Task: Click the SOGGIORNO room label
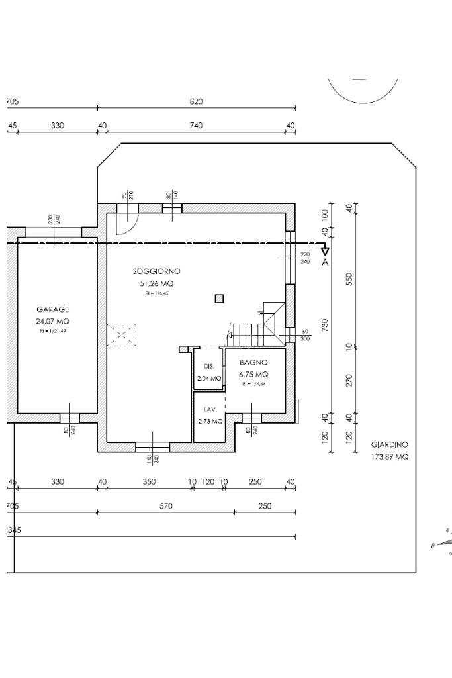coord(156,271)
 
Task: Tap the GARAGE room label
coord(52,309)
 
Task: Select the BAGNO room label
coord(253,363)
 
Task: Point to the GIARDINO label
coord(389,445)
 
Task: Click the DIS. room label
coord(209,366)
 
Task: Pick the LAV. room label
coord(210,409)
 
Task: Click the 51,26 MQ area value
coord(156,283)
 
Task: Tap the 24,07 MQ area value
coord(52,321)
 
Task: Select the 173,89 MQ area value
coord(389,457)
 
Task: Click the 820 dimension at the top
coord(196,101)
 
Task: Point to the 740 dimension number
coord(196,126)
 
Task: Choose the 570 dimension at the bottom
coord(166,507)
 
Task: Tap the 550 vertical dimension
coord(349,279)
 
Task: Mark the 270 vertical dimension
coord(349,381)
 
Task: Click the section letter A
coord(325,262)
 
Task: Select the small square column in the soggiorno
coord(219,299)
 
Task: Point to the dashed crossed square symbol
coord(122,335)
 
